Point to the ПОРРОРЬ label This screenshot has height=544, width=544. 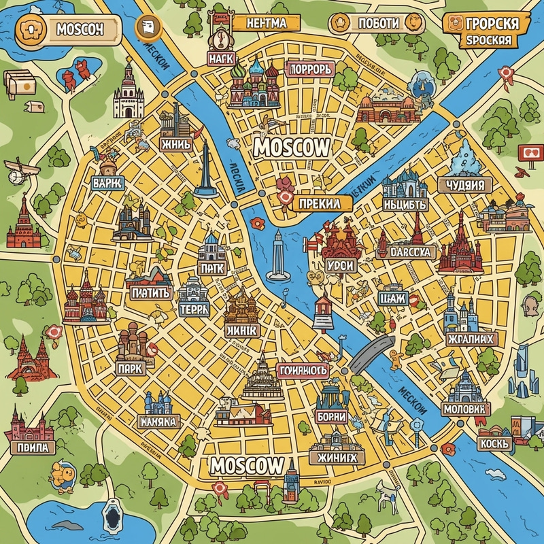tap(310, 69)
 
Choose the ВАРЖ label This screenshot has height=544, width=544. tap(108, 183)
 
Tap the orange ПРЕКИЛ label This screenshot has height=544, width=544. tap(314, 201)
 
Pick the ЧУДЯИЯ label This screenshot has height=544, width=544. tap(466, 185)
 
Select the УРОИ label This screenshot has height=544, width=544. tap(339, 265)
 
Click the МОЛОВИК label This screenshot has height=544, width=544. tap(464, 409)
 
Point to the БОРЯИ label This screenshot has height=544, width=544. tap(332, 416)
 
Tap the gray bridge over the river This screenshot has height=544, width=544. tap(370, 348)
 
